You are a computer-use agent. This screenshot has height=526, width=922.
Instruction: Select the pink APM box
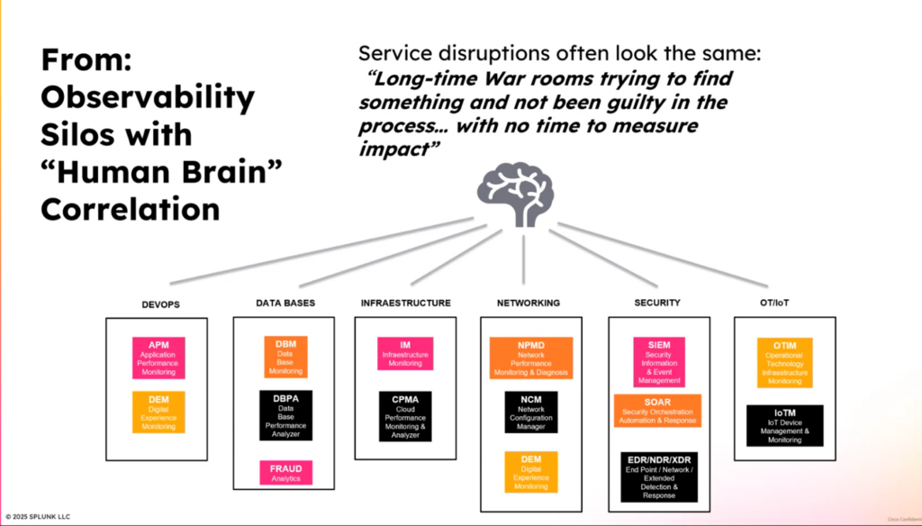158,357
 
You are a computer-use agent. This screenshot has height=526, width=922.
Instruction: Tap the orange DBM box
285,357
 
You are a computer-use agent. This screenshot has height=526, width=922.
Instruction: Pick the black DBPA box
285,415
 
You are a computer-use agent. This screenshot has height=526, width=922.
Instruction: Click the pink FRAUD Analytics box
285,473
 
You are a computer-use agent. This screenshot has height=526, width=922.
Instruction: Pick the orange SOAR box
657,410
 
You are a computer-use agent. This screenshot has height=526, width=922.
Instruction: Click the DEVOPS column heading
160,304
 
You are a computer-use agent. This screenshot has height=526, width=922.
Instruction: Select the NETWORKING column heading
528,304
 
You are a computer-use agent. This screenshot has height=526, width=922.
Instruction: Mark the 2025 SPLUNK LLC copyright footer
37,517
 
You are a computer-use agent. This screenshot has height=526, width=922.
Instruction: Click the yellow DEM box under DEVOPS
158,412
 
